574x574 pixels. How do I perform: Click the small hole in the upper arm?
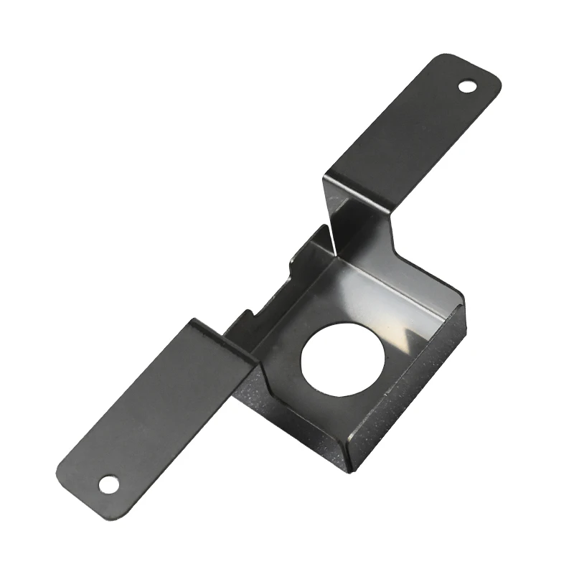point(468,87)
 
